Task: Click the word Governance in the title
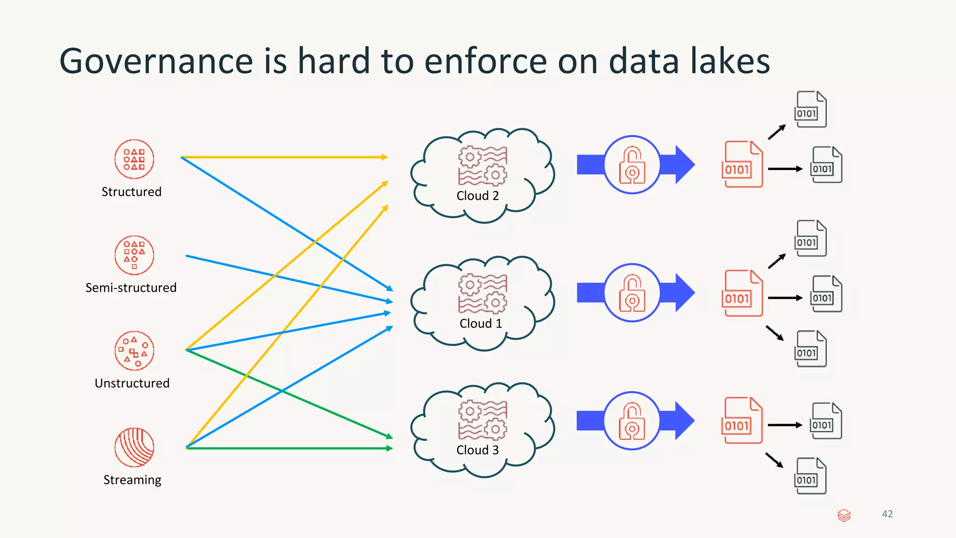(156, 61)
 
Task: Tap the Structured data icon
(134, 159)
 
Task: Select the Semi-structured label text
(131, 288)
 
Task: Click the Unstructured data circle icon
(134, 351)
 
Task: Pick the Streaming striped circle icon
(134, 447)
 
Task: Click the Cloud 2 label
(478, 196)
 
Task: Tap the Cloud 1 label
(480, 324)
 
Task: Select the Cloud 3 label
(478, 450)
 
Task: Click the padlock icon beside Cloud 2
(632, 165)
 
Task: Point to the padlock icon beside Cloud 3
(632, 421)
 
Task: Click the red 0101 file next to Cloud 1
(742, 293)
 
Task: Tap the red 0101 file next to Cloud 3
(742, 420)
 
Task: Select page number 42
(887, 514)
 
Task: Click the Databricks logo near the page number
(844, 515)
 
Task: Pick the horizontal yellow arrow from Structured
(285, 157)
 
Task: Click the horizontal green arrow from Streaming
(289, 448)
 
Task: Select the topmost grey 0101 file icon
(810, 109)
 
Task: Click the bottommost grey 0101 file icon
(810, 476)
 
